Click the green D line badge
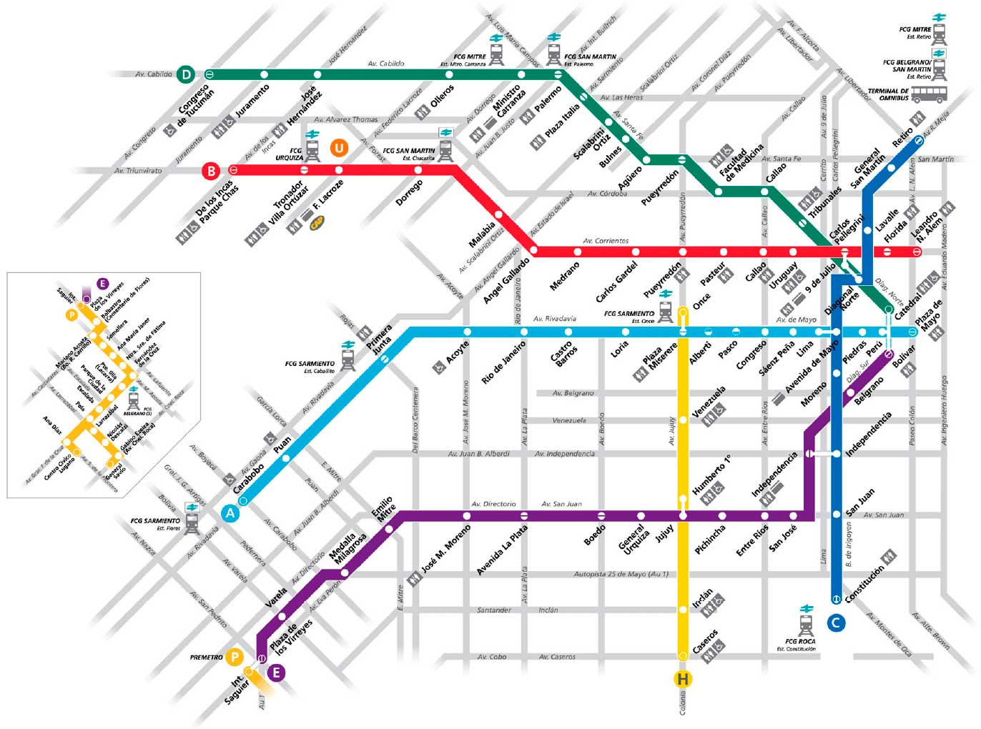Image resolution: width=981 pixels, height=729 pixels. (186, 74)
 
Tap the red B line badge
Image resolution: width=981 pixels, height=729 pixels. (211, 171)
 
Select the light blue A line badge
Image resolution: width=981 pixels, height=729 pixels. (230, 512)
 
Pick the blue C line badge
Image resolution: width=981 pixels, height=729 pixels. (835, 623)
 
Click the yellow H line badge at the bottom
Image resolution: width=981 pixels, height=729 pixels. (683, 679)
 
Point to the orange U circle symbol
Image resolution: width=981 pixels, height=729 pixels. (339, 148)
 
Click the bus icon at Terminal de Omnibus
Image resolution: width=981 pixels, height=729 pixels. (929, 94)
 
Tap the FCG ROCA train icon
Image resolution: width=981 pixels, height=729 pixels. (807, 625)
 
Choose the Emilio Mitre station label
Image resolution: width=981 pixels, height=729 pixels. (383, 508)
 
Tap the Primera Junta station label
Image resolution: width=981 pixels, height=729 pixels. (380, 339)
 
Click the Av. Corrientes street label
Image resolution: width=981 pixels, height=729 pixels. (606, 241)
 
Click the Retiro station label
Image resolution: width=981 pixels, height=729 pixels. (902, 137)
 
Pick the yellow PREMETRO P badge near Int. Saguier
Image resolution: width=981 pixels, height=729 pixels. (235, 657)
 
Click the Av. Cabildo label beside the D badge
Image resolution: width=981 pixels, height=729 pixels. (154, 74)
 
